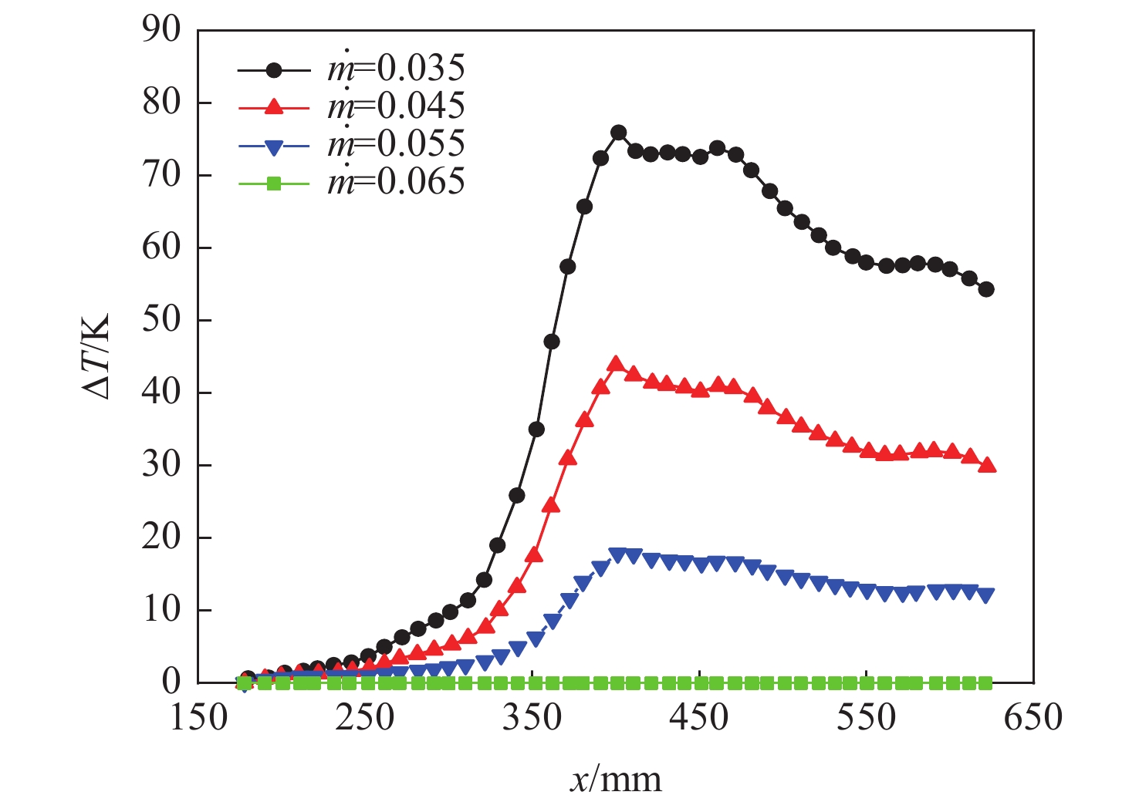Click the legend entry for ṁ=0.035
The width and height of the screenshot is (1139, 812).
396,69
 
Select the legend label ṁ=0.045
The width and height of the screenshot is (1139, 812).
396,106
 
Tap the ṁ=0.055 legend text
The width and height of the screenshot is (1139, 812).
396,144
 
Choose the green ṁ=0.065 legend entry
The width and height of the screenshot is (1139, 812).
396,182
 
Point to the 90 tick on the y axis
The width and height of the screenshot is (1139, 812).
161,31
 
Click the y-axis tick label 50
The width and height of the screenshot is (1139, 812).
161,320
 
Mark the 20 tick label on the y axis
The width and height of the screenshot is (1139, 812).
161,537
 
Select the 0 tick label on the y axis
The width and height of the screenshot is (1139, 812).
171,682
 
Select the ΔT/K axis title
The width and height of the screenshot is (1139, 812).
97,355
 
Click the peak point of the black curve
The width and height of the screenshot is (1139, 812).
618,133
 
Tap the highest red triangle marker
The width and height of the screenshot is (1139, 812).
615,364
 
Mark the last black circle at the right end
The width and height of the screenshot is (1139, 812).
985,289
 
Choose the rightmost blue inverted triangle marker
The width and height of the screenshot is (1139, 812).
985,595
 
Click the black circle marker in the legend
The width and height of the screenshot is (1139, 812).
273,69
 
